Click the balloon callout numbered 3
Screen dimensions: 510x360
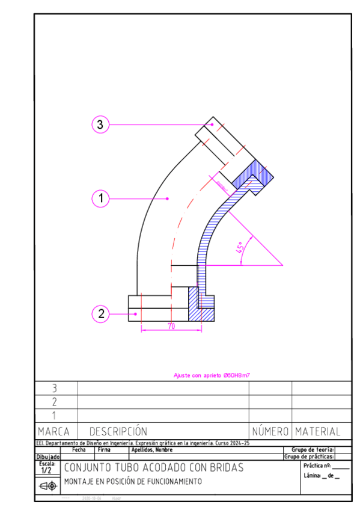click(100, 124)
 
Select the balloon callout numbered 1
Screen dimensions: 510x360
click(100, 198)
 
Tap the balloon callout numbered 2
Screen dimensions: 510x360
click(100, 313)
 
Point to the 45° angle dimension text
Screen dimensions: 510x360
click(242, 249)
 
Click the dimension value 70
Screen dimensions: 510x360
click(171, 326)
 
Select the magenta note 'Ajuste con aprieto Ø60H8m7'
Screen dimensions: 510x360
click(212, 375)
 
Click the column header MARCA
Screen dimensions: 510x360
click(53, 432)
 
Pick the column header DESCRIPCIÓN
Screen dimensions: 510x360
click(118, 432)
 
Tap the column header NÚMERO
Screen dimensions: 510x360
click(270, 432)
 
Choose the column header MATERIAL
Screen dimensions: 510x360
click(317, 432)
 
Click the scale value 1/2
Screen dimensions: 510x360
click(46, 470)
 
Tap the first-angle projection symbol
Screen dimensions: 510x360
click(47, 486)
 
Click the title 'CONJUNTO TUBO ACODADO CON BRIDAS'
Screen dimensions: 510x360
click(153, 468)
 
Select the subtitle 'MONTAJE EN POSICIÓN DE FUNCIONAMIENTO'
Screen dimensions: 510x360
click(133, 482)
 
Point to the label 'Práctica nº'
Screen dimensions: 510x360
click(317, 466)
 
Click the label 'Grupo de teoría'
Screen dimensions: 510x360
click(312, 449)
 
